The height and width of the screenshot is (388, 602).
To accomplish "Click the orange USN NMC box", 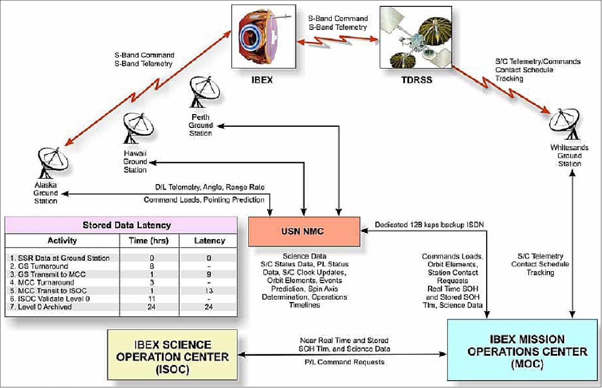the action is pos(304,231).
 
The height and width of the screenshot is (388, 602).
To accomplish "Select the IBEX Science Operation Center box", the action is pos(172,355).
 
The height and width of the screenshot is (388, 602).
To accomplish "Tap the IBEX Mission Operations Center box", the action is pos(522,350).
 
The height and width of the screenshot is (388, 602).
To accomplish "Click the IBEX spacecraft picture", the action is pos(264,36).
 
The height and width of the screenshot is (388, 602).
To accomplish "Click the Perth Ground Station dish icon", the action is pos(204,92).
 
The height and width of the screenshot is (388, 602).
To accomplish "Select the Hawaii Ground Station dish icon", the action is pos(138,128).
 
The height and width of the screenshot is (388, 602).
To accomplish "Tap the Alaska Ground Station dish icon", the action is pos(53,163).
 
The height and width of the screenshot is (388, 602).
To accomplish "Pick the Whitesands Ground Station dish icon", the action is pos(565,124).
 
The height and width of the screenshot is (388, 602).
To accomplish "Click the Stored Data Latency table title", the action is pos(127,225).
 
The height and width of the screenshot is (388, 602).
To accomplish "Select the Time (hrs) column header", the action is pos(149,241).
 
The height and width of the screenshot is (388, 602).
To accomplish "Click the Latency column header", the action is pos(209,241).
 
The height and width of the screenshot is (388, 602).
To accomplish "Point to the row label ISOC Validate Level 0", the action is pos(50,299).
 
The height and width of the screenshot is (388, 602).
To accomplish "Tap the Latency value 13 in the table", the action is pos(209,291).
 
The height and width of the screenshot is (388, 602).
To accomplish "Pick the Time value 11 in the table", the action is pos(152,299).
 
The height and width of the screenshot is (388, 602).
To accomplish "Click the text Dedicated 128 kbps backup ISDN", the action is pos(429,225).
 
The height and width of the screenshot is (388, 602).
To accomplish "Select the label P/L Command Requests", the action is pos(344,362).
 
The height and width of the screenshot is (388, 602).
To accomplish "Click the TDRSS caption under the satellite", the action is pos(417,80).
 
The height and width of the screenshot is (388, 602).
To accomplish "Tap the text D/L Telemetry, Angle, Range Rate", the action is pos(210,187).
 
